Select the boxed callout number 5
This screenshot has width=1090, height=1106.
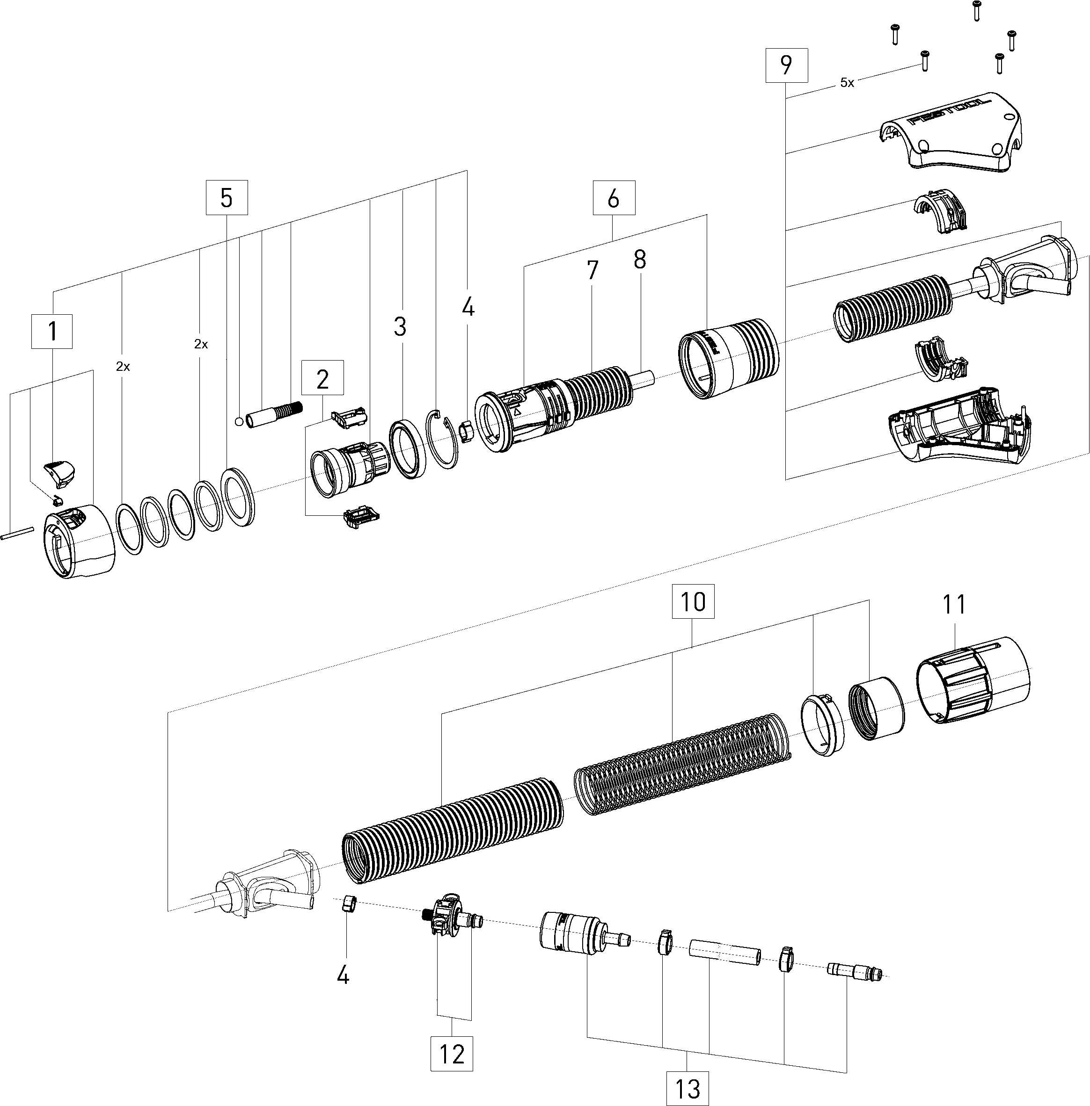(227, 198)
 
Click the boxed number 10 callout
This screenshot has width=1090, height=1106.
(693, 601)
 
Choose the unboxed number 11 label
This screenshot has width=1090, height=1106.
(954, 604)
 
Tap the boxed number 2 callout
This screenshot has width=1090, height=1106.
(322, 378)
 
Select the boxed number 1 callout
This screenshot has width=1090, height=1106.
(52, 331)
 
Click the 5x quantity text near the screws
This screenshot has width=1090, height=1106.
(847, 83)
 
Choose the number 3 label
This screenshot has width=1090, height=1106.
(400, 327)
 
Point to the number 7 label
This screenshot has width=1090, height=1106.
(592, 270)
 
